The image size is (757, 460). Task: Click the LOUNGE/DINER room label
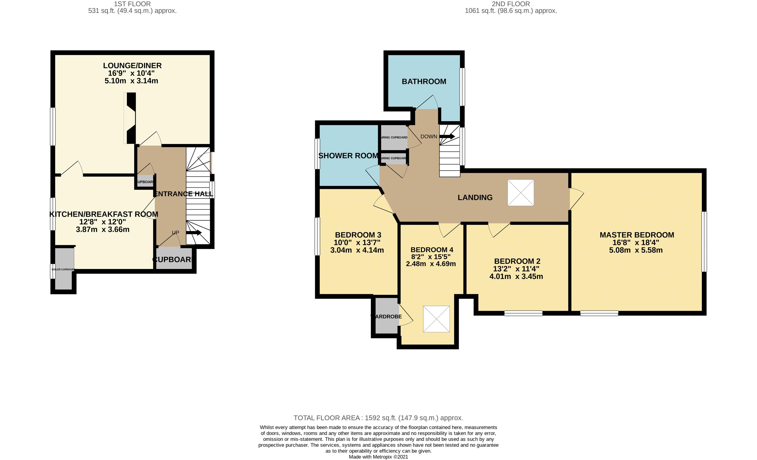[x=132, y=66]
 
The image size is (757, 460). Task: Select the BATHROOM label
[x=424, y=82]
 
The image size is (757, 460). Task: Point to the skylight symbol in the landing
[x=520, y=193]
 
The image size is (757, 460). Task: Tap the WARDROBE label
[x=387, y=316]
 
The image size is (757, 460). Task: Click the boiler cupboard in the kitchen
[x=64, y=269]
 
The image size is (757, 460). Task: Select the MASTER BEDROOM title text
[x=637, y=235]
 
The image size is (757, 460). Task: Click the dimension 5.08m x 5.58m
[x=636, y=250]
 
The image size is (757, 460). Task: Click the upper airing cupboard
[x=394, y=137]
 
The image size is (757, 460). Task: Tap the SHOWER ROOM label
[x=348, y=156]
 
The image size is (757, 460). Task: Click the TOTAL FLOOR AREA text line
[x=378, y=418]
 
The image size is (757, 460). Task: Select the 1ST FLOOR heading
[x=132, y=4]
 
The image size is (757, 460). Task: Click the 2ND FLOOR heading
[x=511, y=4]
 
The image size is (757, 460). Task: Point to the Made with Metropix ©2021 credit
[x=378, y=457]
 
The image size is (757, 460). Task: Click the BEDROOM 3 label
[x=358, y=235]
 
